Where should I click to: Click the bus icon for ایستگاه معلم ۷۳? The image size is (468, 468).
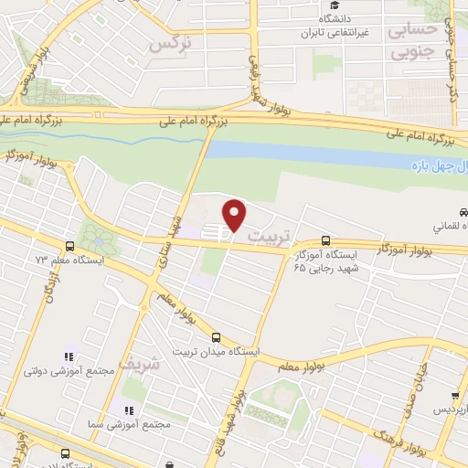[x=69, y=246]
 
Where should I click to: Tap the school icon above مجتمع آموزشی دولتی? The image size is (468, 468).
[x=67, y=356]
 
